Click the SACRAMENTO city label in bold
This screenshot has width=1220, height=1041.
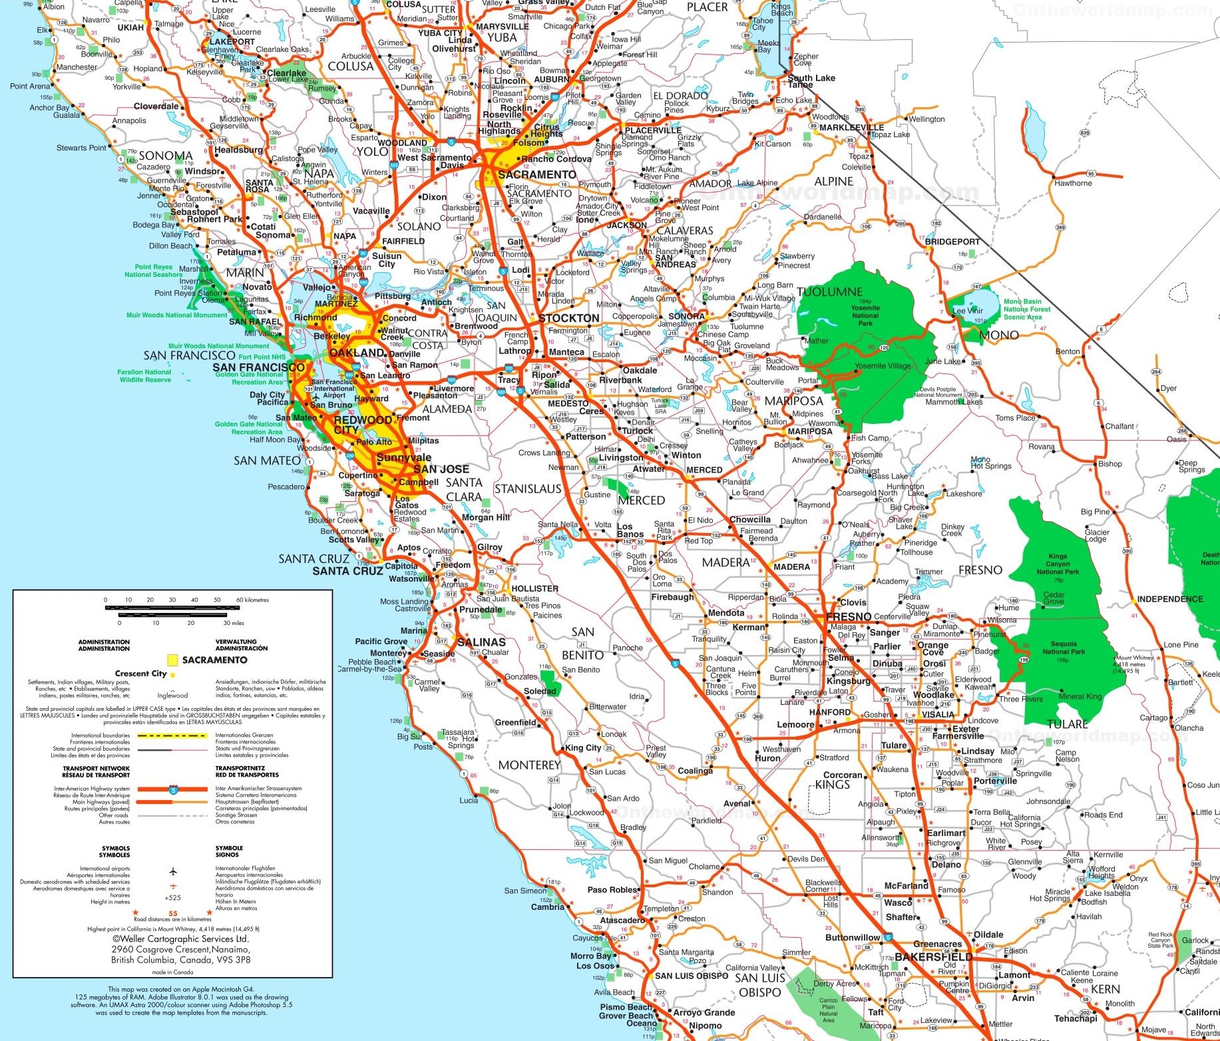pos(536,174)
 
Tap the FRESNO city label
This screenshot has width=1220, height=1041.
pos(848,616)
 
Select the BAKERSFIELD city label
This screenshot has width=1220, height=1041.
pos(933,957)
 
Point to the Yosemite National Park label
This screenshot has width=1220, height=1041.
pos(865,315)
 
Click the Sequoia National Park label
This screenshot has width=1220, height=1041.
pos(1063,648)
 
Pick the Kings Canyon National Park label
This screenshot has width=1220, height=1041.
pos(1058,564)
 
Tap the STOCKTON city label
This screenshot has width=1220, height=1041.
pos(568,318)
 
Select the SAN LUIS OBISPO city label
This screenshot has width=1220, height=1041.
pos(692,976)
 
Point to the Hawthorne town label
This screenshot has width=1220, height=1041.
pos(1072,183)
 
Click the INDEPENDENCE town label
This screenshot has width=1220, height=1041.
pos(1169,599)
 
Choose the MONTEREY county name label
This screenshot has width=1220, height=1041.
pos(529,765)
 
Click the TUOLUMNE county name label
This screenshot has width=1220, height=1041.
pos(829,292)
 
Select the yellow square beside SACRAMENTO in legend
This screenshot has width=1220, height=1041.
pos(172,660)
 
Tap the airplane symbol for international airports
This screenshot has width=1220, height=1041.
pos(173,871)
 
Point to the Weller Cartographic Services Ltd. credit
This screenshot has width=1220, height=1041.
pos(180,939)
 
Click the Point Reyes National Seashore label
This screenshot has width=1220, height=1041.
pos(153,271)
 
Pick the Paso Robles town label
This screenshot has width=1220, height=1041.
pos(612,890)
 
